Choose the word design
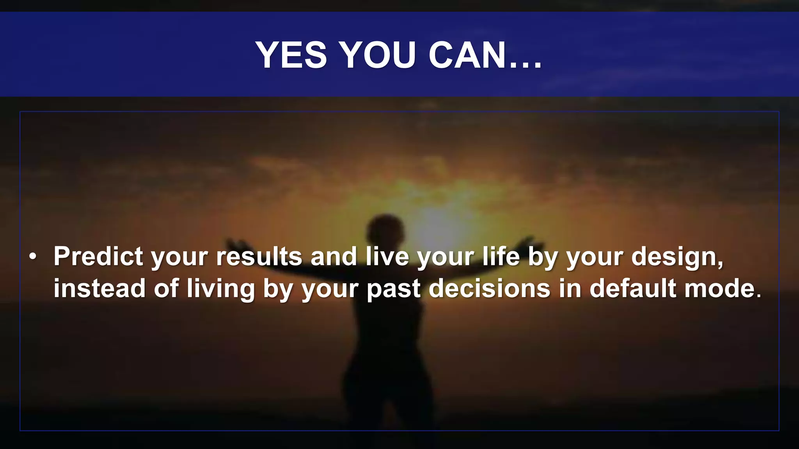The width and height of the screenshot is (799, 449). pos(676,257)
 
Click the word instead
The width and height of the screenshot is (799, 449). pos(99,288)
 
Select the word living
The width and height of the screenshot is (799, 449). pos(220,289)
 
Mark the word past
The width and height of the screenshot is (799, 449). pos(394,289)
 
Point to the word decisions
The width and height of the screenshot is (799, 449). pos(490,288)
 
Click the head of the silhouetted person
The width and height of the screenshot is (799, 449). pos(385,230)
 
